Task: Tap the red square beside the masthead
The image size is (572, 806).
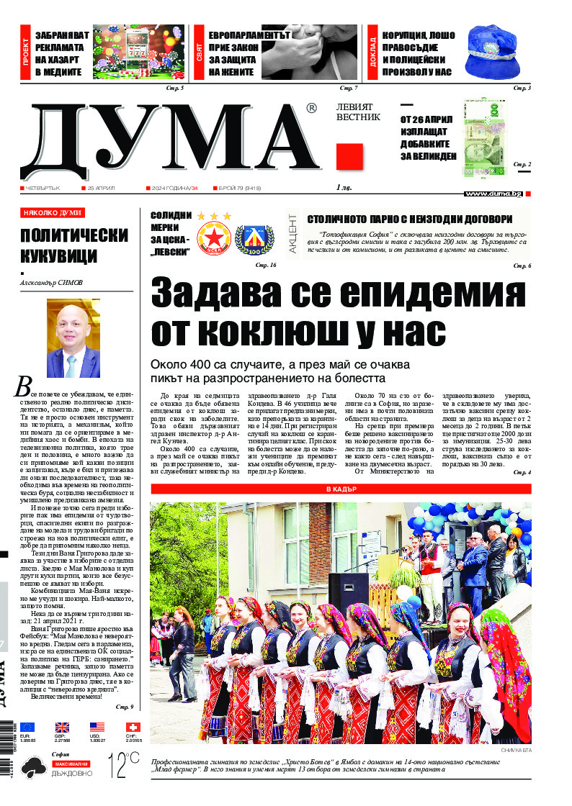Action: tap(349, 156)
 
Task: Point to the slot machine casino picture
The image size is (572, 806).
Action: tap(138, 53)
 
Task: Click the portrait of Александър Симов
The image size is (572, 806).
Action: tap(73, 338)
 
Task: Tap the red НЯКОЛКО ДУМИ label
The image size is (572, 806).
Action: tap(52, 213)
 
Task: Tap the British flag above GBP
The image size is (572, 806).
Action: tap(63, 727)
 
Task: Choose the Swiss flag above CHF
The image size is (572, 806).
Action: tap(133, 727)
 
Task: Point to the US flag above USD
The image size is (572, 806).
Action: tap(97, 727)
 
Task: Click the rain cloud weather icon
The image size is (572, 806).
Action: tap(33, 769)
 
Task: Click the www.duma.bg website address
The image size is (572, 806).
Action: tap(493, 194)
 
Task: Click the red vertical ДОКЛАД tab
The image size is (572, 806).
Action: tap(372, 53)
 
